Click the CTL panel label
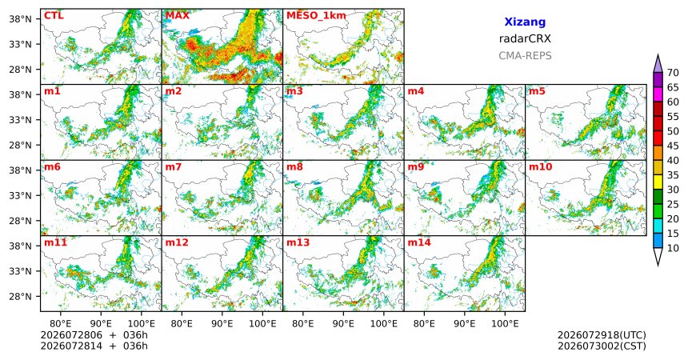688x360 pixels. point(54,16)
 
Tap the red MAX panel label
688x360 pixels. point(178,16)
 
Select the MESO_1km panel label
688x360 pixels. point(316,16)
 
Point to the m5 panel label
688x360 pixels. point(537,91)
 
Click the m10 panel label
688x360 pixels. point(540,167)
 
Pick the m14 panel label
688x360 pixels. point(419,242)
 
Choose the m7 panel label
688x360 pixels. point(174,167)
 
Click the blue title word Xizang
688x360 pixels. point(525,22)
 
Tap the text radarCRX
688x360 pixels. point(525,38)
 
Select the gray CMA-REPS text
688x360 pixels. point(525,56)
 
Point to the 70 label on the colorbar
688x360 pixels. point(673,73)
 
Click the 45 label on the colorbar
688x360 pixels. point(673,146)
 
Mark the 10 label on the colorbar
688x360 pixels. point(673,248)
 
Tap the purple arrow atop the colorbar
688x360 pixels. point(658,65)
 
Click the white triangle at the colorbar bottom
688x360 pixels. point(658,255)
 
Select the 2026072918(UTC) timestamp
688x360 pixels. point(602,335)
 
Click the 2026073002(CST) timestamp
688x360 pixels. point(602,346)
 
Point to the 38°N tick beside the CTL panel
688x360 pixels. point(20,19)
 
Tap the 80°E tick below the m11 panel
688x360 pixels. point(60,324)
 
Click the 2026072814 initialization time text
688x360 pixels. point(71,346)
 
